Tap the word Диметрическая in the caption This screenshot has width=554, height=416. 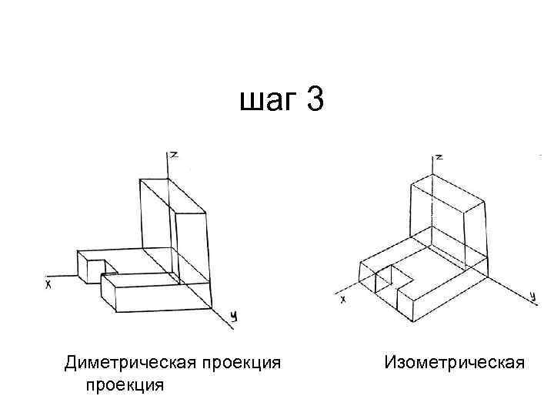(135, 363)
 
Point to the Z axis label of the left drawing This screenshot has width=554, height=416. (175, 155)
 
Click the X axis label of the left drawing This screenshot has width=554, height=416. (48, 284)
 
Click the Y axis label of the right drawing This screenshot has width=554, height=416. (532, 295)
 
